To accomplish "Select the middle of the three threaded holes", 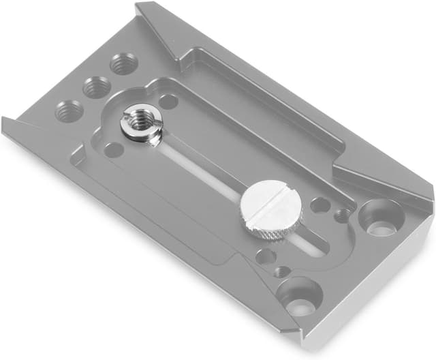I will coord(97,87).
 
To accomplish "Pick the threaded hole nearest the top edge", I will coord(123,63).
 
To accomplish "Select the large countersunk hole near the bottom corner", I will coord(299,296).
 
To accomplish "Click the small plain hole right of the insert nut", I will coord(168,102).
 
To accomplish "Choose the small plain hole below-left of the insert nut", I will coord(114,149).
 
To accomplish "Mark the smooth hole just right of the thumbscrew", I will coord(320,205).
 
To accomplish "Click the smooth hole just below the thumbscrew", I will coord(266,256).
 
